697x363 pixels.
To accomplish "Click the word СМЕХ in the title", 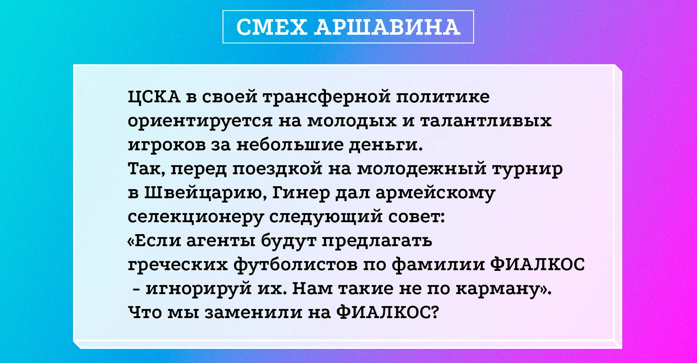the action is [272, 27].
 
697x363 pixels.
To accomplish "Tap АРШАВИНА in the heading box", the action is [387, 27].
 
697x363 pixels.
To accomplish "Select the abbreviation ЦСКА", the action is [154, 97].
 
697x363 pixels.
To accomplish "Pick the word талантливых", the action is [486, 121].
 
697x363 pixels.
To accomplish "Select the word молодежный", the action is [422, 169].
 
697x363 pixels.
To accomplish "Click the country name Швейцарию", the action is [205, 193].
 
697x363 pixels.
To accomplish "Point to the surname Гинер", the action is [301, 193].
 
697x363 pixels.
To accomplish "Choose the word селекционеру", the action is [196, 217].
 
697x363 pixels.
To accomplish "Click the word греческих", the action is [178, 266].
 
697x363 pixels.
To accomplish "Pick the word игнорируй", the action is [199, 289].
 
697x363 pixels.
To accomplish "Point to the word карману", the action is [497, 289].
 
